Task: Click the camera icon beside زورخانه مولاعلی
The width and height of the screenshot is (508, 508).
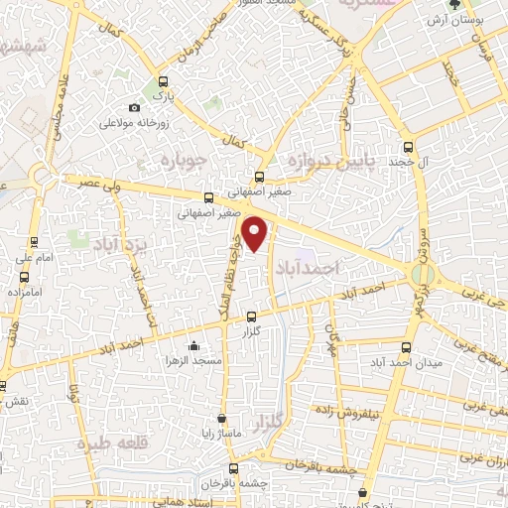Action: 135,107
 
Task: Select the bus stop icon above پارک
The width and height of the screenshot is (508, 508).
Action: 163,83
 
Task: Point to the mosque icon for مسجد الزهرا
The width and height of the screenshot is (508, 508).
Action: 193,346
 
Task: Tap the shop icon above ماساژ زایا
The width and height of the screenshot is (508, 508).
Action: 221,419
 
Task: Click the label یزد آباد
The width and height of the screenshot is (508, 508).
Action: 119,242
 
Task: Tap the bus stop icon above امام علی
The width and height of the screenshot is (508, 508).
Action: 34,241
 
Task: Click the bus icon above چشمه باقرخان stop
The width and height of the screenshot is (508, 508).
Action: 233,467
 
